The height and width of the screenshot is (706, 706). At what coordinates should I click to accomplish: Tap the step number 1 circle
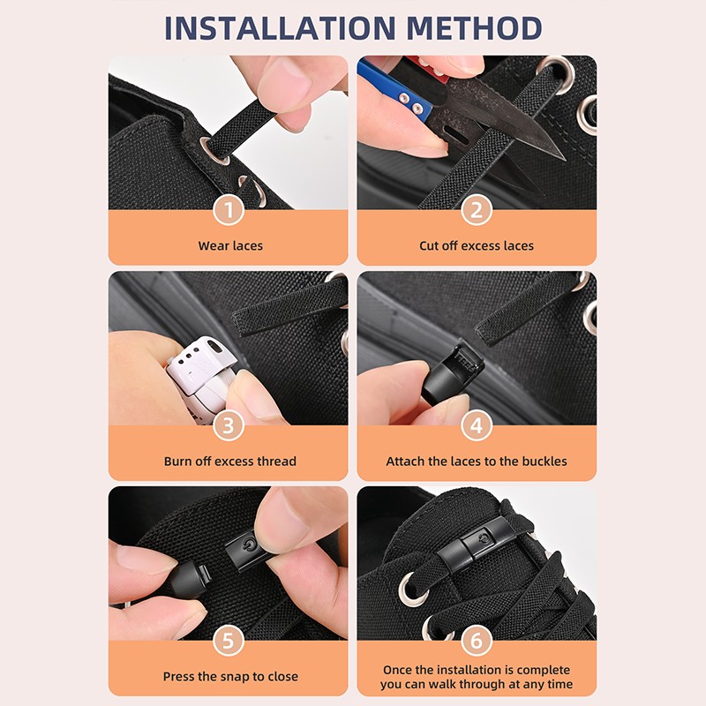(x=229, y=211)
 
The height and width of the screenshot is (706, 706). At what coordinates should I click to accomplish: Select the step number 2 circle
(x=477, y=211)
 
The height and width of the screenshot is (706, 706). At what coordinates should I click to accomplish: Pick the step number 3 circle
(x=229, y=426)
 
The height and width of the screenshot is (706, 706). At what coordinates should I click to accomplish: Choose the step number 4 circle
(x=477, y=426)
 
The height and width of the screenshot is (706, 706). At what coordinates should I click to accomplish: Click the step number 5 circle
(x=229, y=642)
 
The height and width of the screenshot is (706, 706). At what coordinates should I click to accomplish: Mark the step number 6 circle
(x=477, y=642)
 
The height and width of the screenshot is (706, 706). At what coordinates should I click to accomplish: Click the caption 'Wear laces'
(x=229, y=245)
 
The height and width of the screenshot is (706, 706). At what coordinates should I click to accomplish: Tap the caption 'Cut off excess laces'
(x=477, y=245)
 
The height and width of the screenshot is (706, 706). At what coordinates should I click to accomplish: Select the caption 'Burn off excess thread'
(x=229, y=461)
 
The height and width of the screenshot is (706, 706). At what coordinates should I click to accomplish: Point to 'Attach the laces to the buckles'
(x=477, y=461)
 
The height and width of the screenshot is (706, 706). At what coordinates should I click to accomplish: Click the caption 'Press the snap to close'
(x=229, y=676)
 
